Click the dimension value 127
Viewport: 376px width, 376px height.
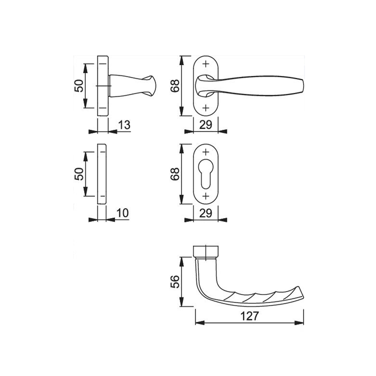pos(249,316)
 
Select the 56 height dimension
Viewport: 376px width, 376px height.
pos(174,282)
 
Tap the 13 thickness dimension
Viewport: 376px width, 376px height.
pos(124,125)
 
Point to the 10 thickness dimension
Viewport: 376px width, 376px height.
pos(123,213)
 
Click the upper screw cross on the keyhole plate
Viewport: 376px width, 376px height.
pos(206,152)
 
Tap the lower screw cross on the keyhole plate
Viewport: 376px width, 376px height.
pos(206,196)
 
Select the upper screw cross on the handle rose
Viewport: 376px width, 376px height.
pos(206,64)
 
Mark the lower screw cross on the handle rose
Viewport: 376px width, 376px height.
pos(206,108)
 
